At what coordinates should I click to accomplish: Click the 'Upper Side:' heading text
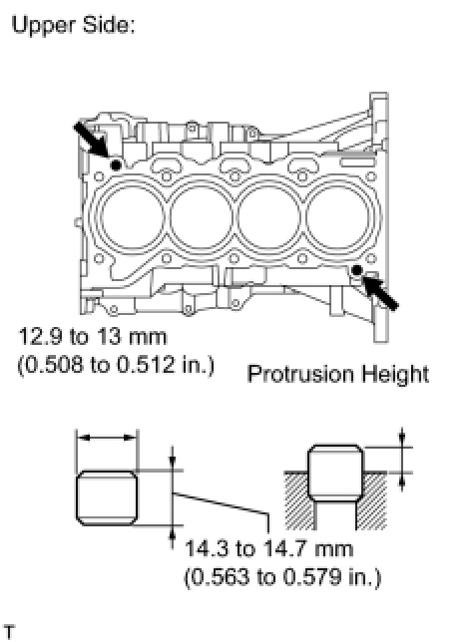pyautogui.click(x=74, y=25)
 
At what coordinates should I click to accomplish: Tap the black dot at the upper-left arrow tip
pyautogui.click(x=116, y=165)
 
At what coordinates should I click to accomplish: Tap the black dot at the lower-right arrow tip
pyautogui.click(x=357, y=270)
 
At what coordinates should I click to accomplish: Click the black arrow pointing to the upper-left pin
pyautogui.click(x=92, y=140)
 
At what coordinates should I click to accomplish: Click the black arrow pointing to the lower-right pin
pyautogui.click(x=379, y=293)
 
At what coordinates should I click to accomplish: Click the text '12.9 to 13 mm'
pyautogui.click(x=93, y=337)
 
